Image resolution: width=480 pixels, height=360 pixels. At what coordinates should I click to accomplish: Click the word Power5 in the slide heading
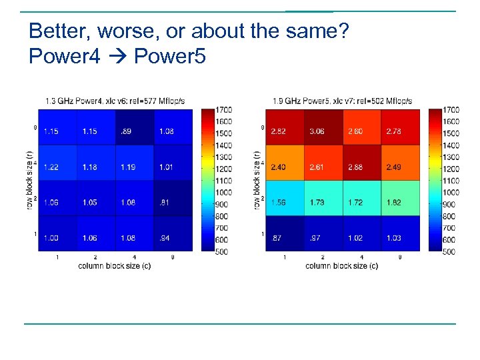[169, 57]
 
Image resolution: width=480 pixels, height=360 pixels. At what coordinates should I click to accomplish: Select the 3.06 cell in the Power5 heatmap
[317, 131]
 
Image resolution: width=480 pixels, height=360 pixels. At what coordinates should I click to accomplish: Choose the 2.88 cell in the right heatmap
[356, 167]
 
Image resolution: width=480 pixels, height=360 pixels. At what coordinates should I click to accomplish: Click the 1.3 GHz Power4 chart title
[115, 101]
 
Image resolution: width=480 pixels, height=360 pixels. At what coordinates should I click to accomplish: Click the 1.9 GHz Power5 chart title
[342, 101]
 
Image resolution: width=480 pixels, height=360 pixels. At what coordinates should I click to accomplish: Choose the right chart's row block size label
[257, 180]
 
